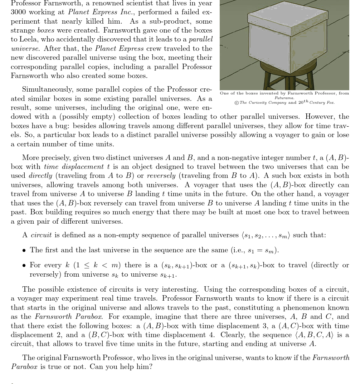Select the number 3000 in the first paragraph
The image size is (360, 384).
18,12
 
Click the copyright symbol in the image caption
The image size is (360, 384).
237,103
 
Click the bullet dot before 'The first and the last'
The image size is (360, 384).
24,251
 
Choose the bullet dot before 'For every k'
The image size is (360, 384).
24,266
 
